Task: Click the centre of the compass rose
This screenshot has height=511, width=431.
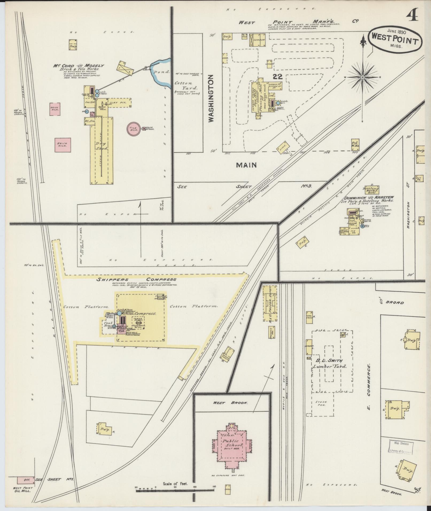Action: click(x=363, y=77)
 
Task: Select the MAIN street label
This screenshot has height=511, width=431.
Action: click(x=246, y=165)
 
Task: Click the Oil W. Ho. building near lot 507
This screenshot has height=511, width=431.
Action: click(x=355, y=143)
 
